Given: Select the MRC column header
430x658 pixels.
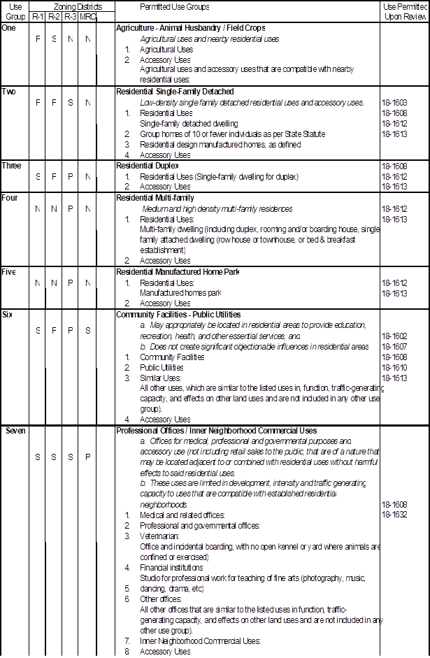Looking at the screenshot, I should click(87, 15).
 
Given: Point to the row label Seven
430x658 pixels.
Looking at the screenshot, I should click(15, 431).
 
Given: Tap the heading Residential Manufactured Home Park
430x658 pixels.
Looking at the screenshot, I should click(177, 272).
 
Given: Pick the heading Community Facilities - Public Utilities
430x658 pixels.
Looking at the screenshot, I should click(178, 315).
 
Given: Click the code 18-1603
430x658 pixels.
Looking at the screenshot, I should click(395, 102).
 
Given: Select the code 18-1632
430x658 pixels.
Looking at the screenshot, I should click(395, 515).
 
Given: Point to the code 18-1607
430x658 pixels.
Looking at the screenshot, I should click(395, 347).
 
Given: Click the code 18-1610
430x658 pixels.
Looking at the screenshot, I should click(395, 368).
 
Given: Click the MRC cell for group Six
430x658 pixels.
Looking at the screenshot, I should click(87, 330).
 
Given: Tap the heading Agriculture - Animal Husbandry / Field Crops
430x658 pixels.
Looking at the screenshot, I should click(191, 28).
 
